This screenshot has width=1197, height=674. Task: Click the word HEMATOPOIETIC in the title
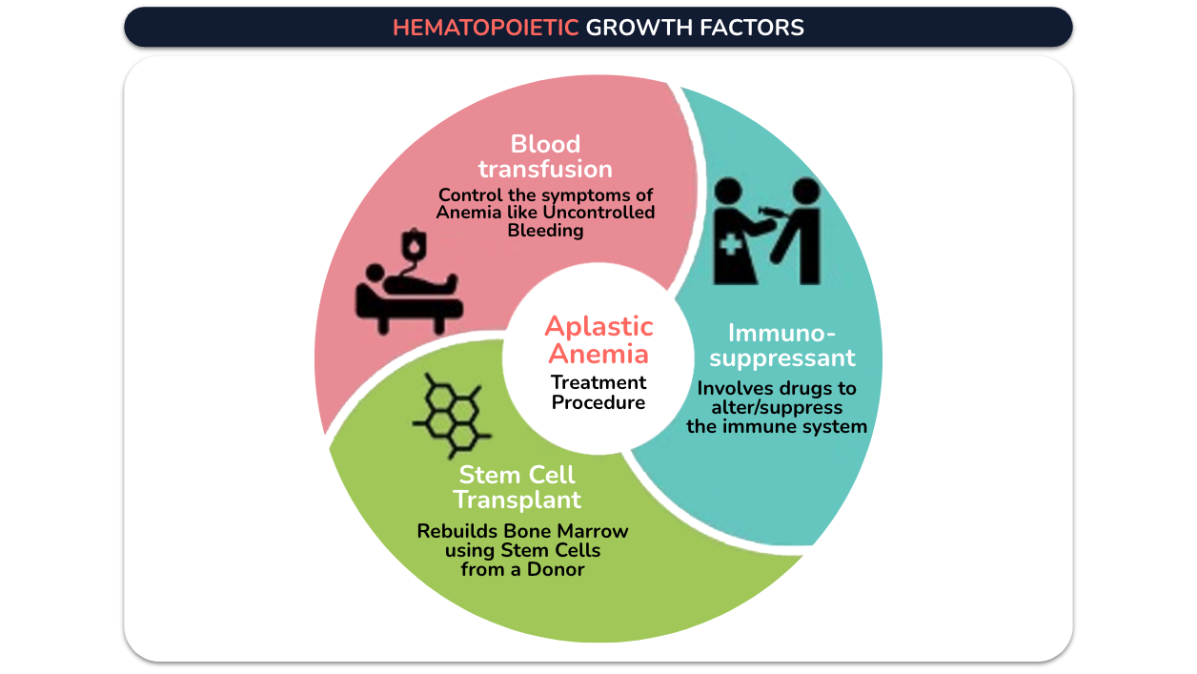(x=485, y=28)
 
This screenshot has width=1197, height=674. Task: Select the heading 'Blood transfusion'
(x=545, y=156)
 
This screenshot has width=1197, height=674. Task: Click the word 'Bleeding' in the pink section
(x=545, y=231)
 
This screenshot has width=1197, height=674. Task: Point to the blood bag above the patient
(x=415, y=244)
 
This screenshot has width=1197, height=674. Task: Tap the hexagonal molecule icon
(x=452, y=416)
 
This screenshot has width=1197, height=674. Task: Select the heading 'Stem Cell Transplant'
(x=517, y=487)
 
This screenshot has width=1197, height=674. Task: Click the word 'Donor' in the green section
(x=556, y=569)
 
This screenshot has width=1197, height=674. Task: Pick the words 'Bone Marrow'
(x=566, y=531)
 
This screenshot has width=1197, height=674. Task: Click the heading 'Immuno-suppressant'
(x=781, y=345)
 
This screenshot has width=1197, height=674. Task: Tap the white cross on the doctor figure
(x=730, y=245)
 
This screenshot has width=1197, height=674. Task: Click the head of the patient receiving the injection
(x=806, y=191)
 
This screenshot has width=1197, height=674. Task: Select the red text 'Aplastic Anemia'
(x=598, y=340)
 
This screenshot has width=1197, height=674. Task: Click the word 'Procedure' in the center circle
(x=598, y=402)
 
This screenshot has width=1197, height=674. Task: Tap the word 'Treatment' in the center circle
(x=598, y=382)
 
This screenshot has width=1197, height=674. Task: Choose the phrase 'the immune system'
(x=777, y=426)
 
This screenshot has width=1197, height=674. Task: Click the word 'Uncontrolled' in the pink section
(x=598, y=213)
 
